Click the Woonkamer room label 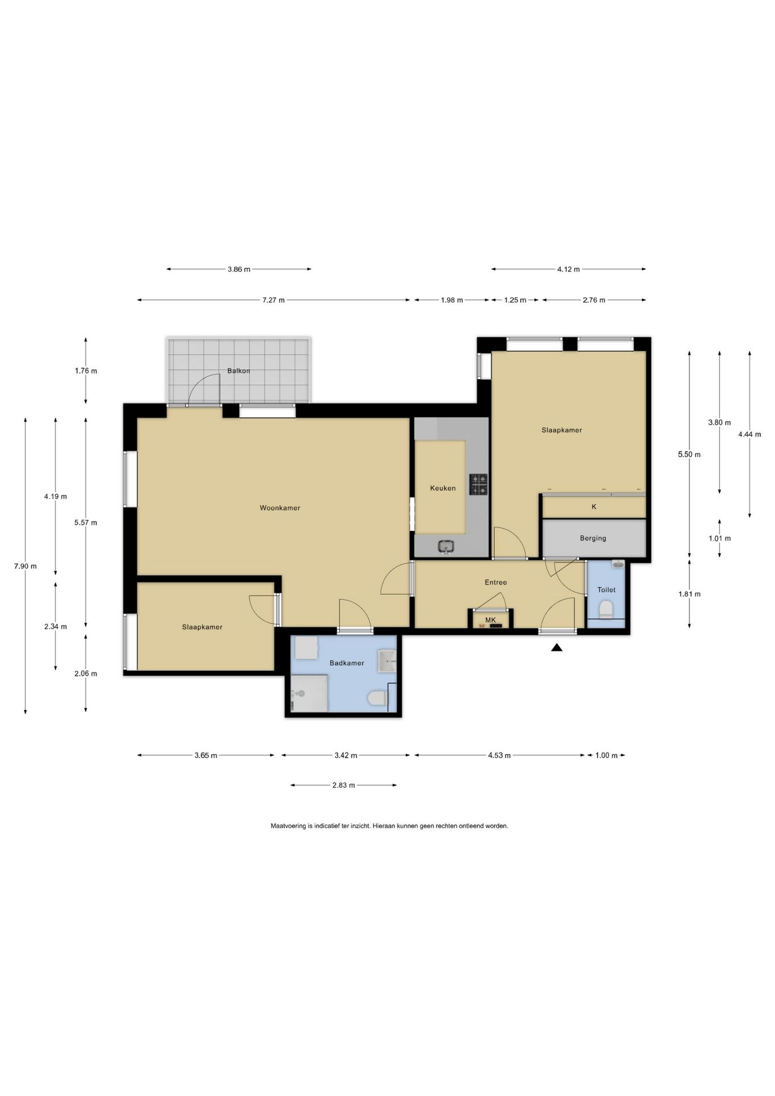click(x=280, y=508)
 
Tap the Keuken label click(x=443, y=488)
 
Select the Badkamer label click(x=347, y=663)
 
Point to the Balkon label click(x=239, y=370)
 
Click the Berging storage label click(x=593, y=538)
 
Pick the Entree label click(x=496, y=582)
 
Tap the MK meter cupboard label click(x=491, y=620)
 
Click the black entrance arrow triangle click(x=557, y=647)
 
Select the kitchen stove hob click(x=479, y=484)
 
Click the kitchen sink click(x=446, y=547)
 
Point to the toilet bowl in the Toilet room click(x=606, y=609)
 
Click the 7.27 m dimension click(x=273, y=300)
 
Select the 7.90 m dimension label click(x=26, y=566)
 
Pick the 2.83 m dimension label click(x=344, y=785)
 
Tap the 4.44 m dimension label click(x=749, y=434)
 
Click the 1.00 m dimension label click(x=606, y=756)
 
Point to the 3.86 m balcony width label click(x=239, y=269)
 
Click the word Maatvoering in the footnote click(x=288, y=826)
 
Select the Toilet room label click(x=607, y=590)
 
